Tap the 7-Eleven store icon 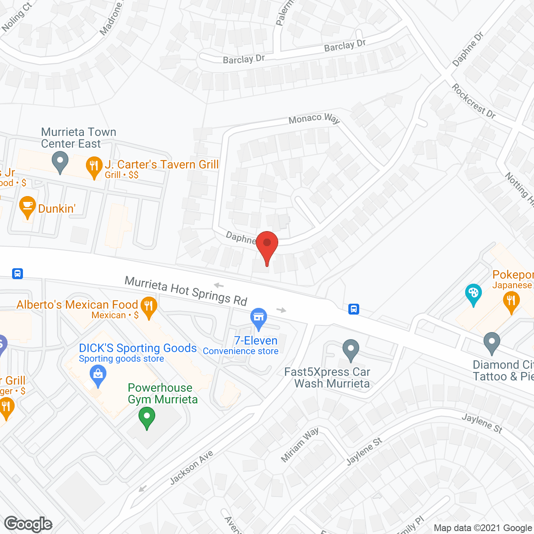(x=259, y=318)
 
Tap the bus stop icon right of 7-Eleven (x=354, y=309)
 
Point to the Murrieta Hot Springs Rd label (x=186, y=291)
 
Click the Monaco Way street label (x=314, y=119)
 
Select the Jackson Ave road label (x=191, y=468)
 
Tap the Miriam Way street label (x=300, y=445)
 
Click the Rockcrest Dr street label (x=474, y=101)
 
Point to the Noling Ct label (x=17, y=17)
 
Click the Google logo (x=28, y=524)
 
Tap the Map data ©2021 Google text (x=483, y=528)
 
